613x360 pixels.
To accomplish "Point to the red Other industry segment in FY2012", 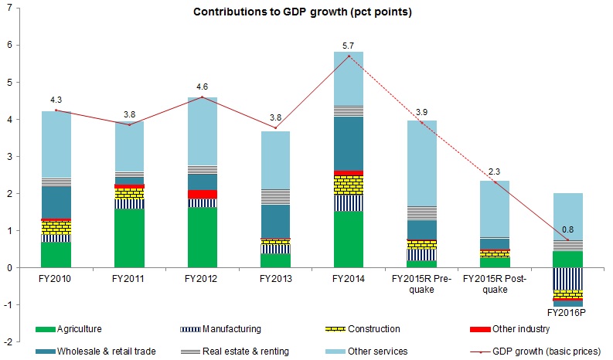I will point(202,195).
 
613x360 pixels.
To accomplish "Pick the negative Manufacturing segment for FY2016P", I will point(568,279).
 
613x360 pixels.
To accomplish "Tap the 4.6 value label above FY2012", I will point(203,87).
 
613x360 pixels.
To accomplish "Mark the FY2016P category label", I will point(568,314).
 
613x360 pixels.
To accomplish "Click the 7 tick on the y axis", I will point(11,8).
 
